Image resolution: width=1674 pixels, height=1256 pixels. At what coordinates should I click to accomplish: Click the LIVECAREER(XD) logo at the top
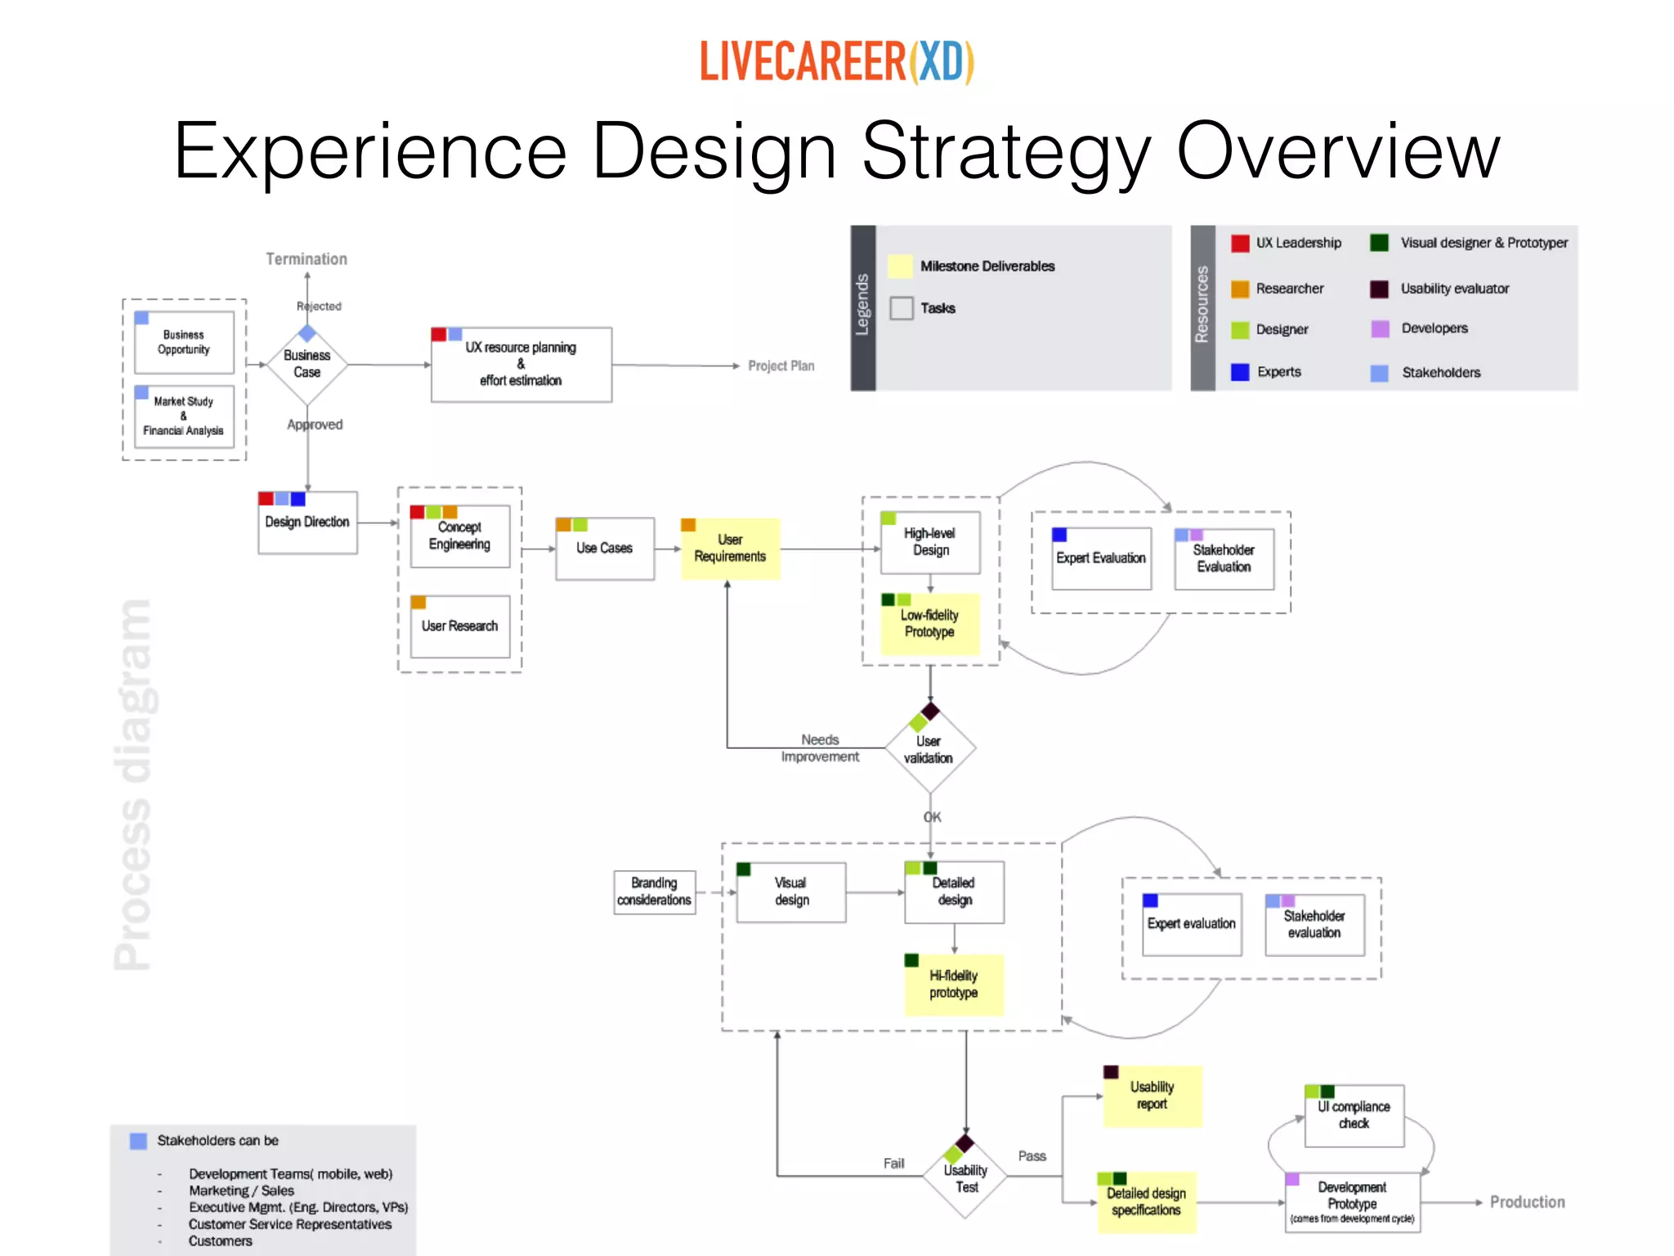836,62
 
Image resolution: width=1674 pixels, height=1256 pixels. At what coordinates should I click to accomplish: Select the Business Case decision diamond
307,365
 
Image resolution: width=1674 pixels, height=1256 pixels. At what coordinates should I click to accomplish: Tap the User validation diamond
929,749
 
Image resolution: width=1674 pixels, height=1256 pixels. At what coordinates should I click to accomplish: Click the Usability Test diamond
965,1178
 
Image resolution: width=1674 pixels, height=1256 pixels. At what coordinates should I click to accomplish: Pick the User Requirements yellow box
731,549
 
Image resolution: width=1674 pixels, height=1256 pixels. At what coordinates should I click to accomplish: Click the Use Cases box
605,549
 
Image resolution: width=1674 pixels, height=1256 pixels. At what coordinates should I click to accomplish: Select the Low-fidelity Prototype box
930,624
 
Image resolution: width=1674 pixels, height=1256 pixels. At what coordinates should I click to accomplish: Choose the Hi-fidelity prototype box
954,985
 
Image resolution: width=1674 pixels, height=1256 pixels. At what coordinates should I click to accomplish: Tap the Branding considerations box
655,892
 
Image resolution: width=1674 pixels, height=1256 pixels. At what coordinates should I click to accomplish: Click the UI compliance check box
1354,1115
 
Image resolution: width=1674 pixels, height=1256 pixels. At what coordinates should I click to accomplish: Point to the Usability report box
1153,1097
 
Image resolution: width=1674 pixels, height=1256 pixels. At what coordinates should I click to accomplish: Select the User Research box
460,626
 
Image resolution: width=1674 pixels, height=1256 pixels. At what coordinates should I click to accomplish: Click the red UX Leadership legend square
1240,244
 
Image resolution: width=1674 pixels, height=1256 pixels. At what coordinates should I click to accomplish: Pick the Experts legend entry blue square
1240,373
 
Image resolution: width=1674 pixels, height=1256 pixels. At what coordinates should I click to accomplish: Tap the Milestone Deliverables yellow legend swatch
900,267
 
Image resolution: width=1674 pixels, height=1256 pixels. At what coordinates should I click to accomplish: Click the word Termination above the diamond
307,259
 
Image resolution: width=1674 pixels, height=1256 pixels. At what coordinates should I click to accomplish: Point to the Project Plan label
781,366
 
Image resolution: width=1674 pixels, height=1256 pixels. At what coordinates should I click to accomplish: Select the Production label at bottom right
1527,1202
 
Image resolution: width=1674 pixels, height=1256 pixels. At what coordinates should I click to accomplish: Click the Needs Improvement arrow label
820,748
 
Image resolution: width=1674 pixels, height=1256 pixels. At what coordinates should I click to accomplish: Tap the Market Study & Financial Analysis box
184,417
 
